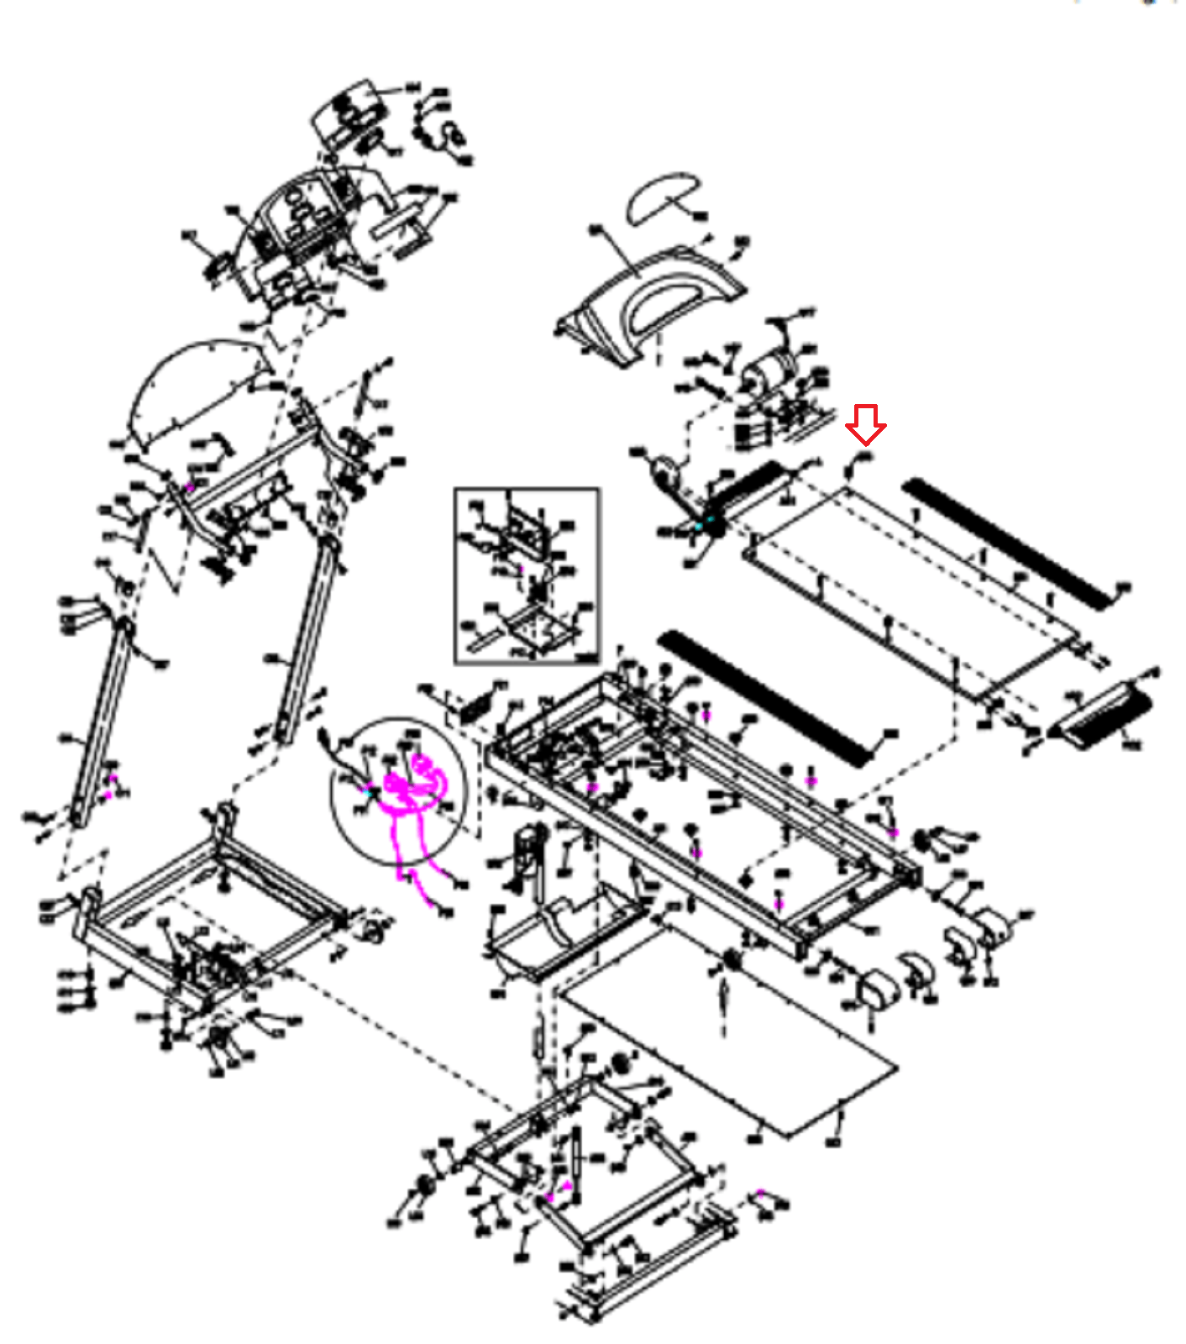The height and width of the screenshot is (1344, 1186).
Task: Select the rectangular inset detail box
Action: pos(527,575)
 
